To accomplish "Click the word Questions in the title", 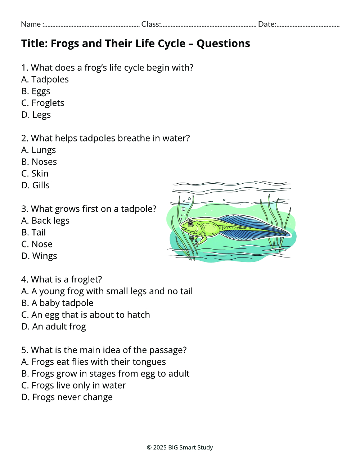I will [x=223, y=44].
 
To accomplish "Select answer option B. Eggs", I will [x=36, y=91].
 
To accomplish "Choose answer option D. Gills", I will [x=35, y=185].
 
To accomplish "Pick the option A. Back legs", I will [x=45, y=221].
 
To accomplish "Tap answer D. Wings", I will [x=39, y=256].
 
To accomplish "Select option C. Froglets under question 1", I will [x=42, y=103].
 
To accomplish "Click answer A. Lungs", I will [x=39, y=150].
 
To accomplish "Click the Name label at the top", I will [x=31, y=24].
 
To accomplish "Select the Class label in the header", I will [x=150, y=24].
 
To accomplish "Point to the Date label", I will [x=267, y=24].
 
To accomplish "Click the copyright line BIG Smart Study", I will [x=180, y=447].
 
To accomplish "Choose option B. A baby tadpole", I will [x=57, y=303].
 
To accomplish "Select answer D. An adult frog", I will [x=54, y=327].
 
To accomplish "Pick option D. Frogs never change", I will [x=67, y=397].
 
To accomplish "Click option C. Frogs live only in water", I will [x=73, y=385].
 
